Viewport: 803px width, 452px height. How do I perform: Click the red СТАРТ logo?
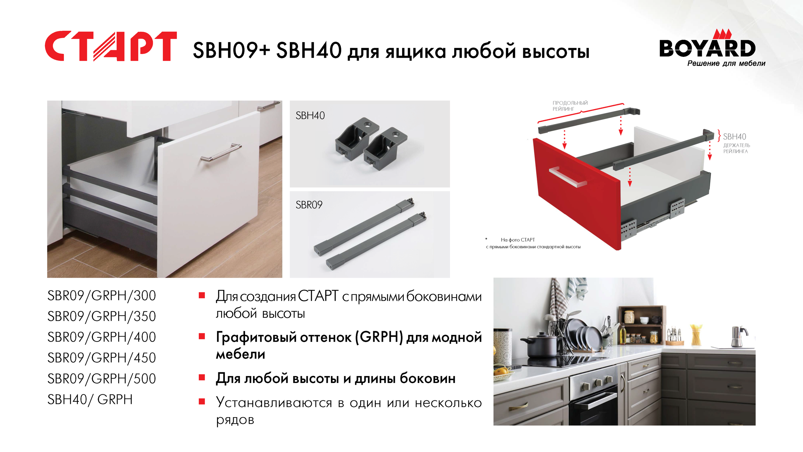(111, 46)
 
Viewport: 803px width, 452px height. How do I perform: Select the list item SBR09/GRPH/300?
(102, 296)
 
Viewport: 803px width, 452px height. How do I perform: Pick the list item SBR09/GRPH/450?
(102, 358)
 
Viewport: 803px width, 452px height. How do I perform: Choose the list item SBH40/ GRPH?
(90, 400)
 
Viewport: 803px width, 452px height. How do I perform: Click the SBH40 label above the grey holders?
(310, 116)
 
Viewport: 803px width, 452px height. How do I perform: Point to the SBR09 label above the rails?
(309, 205)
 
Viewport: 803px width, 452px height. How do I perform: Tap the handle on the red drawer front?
(568, 177)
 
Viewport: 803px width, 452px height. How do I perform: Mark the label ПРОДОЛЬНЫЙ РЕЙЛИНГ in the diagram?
(570, 106)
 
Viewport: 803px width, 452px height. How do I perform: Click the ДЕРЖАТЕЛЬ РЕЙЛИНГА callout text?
(737, 148)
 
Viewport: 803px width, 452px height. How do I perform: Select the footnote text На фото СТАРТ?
(518, 240)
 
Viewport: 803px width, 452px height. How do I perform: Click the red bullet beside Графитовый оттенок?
(202, 336)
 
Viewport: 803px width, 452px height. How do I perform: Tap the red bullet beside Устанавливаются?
(202, 401)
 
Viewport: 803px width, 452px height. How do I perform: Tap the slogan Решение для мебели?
(726, 63)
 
